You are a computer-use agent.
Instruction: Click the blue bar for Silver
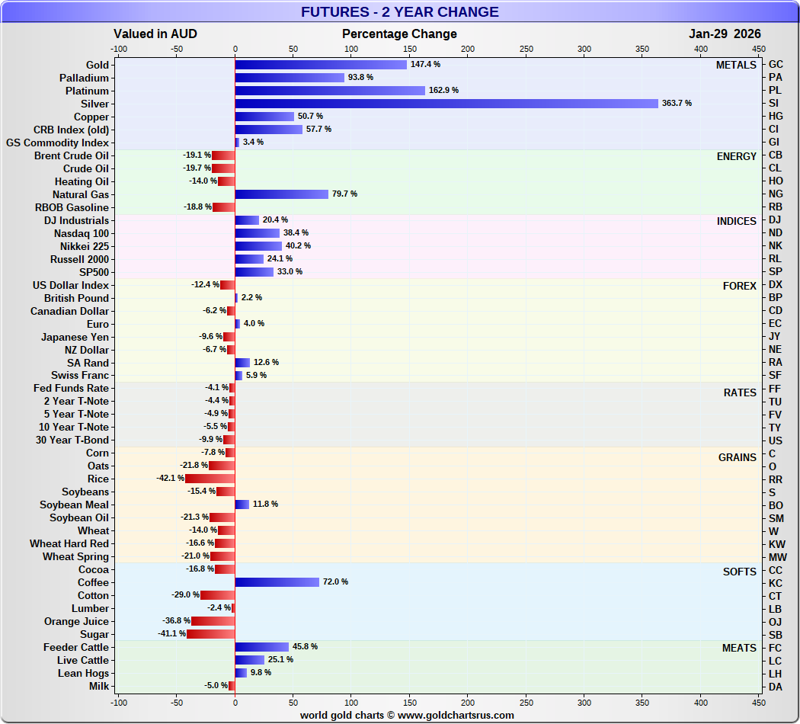tap(446, 104)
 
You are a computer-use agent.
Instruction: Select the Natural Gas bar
tap(281, 194)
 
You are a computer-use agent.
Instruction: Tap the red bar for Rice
tap(210, 479)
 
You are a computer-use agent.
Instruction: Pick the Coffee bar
tap(277, 582)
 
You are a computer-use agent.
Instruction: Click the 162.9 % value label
tap(446, 91)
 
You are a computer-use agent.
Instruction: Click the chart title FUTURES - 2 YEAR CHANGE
tap(399, 12)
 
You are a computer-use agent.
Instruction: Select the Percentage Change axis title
tap(399, 34)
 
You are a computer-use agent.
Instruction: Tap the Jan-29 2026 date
tap(725, 34)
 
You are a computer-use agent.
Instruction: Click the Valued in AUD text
tap(155, 34)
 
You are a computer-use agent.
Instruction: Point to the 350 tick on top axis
tap(642, 49)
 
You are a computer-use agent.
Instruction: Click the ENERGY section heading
tap(736, 156)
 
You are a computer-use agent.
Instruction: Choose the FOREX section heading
tap(739, 286)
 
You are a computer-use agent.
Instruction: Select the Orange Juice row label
tap(76, 621)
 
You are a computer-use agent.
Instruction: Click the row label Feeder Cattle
tap(75, 647)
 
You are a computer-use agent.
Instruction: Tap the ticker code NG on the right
tap(776, 194)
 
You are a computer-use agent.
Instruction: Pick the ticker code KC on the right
tap(776, 582)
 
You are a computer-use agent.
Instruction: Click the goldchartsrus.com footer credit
tap(406, 716)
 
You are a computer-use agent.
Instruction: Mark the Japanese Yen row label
tap(75, 337)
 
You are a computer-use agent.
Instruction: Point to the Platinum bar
tap(330, 91)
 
